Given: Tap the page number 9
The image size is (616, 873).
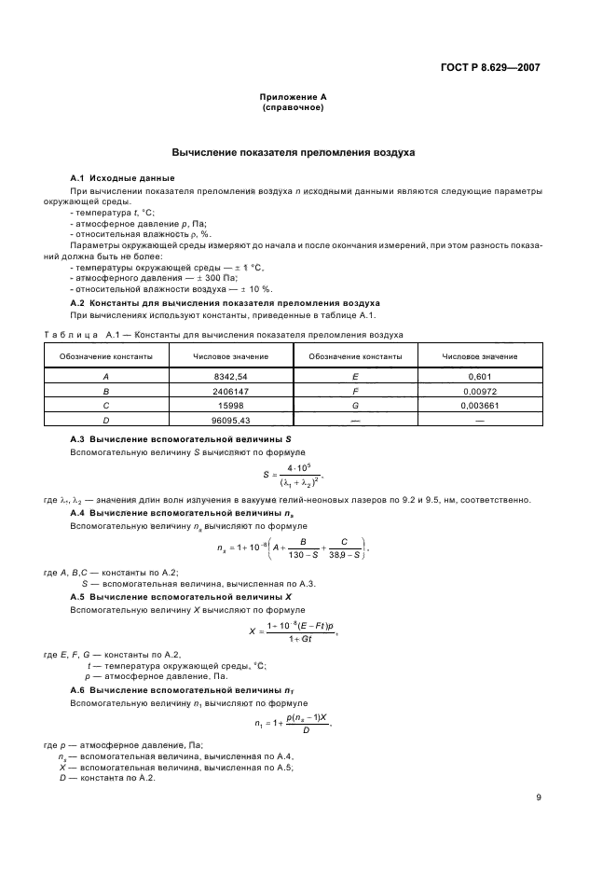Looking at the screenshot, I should click(x=539, y=797).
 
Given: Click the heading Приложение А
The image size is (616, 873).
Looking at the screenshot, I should click(x=293, y=97).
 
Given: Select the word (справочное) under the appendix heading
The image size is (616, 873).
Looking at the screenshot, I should click(x=293, y=107).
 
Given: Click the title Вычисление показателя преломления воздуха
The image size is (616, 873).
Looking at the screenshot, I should click(x=293, y=151).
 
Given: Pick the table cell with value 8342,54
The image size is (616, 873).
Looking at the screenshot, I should click(x=230, y=375).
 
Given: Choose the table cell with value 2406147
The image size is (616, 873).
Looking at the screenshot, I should click(x=230, y=393).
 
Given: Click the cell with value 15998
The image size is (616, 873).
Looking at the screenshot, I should click(x=230, y=407).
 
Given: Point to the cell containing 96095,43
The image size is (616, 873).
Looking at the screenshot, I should click(x=230, y=422).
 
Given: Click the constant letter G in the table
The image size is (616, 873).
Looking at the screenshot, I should click(x=355, y=407).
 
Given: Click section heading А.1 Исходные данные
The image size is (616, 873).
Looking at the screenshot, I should click(x=122, y=178).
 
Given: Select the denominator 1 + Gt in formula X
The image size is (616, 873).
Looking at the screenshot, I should click(x=299, y=637).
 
